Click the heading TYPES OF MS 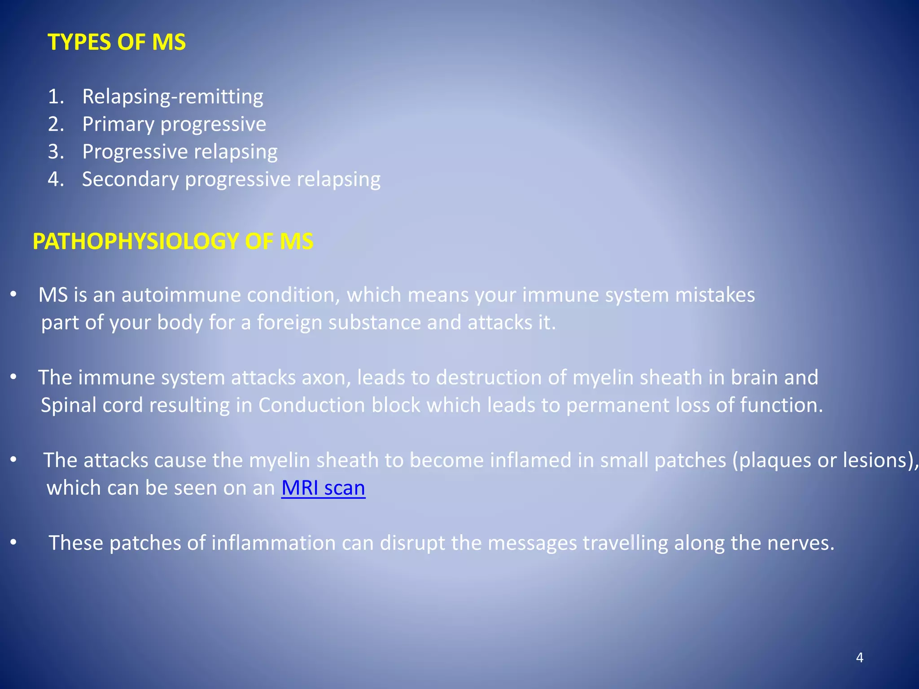tap(117, 42)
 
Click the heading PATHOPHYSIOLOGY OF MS tap(173, 241)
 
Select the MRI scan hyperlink tap(323, 488)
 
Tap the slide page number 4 tap(859, 658)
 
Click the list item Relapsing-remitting tap(173, 97)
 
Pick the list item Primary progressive tap(174, 124)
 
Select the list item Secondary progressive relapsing tap(231, 179)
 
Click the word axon tap(326, 378)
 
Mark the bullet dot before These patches tap(13, 543)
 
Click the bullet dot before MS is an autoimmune tap(13, 295)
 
